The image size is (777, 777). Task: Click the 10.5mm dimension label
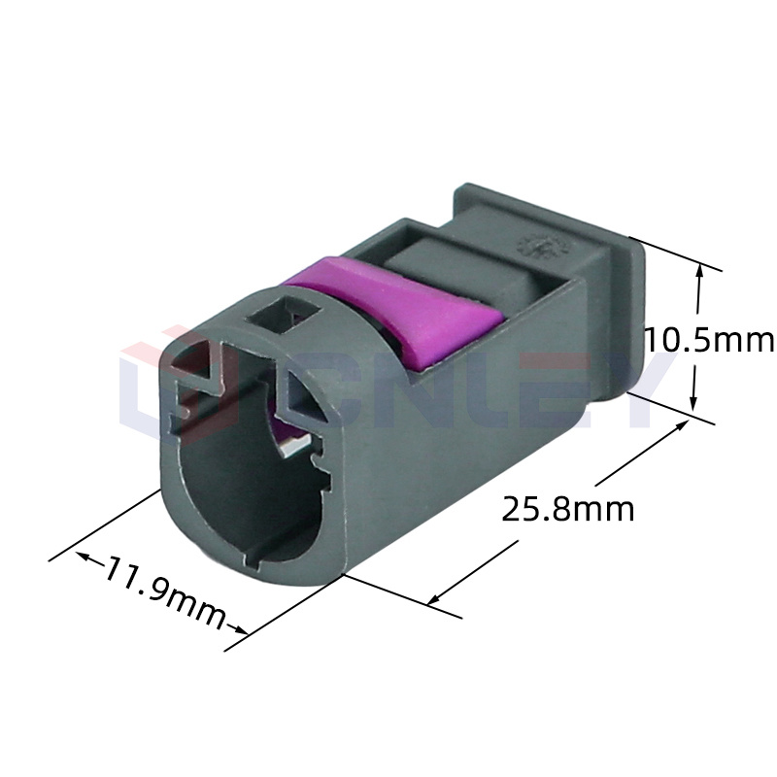pos(709,341)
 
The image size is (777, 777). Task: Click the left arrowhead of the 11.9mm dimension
pos(82,556)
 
